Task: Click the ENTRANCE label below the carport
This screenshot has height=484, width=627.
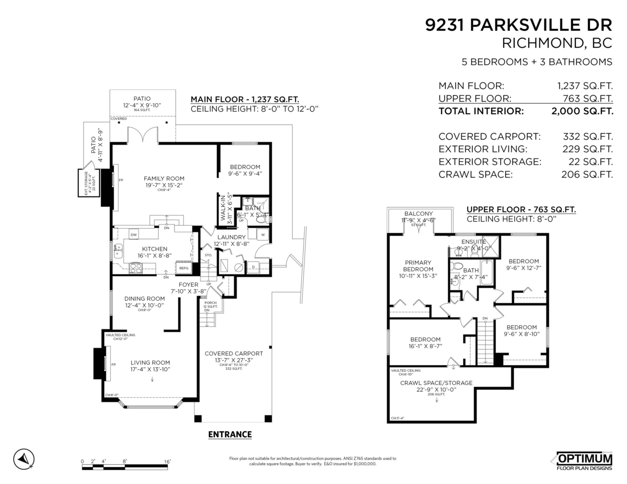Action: click(230, 434)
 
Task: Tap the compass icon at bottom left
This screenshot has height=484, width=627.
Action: click(24, 459)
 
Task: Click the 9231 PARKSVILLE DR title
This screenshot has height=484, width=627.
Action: click(519, 26)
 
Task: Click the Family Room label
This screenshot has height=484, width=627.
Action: click(164, 178)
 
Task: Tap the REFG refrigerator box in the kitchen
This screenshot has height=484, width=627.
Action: click(184, 268)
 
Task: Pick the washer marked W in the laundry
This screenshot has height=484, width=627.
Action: click(262, 234)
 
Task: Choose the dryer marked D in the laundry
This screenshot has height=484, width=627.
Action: click(253, 267)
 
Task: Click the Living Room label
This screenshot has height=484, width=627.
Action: click(150, 363)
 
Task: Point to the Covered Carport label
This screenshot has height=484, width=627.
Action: click(234, 353)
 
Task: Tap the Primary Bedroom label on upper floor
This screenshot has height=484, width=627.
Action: click(417, 266)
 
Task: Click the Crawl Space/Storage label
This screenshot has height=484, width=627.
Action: click(436, 383)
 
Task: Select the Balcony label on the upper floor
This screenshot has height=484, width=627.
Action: click(419, 214)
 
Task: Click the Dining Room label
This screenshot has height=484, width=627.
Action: click(144, 299)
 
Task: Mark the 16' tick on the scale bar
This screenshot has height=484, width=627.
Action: click(167, 461)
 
